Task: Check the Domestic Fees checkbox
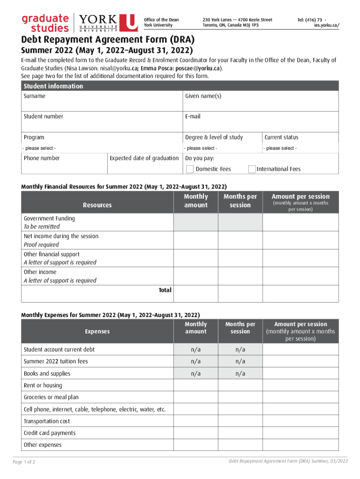pyautogui.click(x=190, y=169)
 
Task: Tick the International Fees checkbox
pyautogui.click(x=252, y=169)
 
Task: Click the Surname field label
pyautogui.click(x=35, y=96)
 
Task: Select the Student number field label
pyautogui.click(x=43, y=116)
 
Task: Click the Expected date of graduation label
pyautogui.click(x=144, y=158)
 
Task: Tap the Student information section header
pyautogui.click(x=53, y=86)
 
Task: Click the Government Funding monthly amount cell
pyautogui.click(x=195, y=223)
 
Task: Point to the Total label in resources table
pyautogui.click(x=165, y=290)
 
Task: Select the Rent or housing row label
pyautogui.click(x=43, y=385)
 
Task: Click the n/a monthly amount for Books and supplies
pyautogui.click(x=195, y=374)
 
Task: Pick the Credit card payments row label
pyautogui.click(x=50, y=433)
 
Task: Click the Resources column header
pyautogui.click(x=97, y=205)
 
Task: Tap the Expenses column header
pyautogui.click(x=97, y=331)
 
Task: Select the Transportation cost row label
pyautogui.click(x=47, y=421)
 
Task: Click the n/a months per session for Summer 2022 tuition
pyautogui.click(x=240, y=362)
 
